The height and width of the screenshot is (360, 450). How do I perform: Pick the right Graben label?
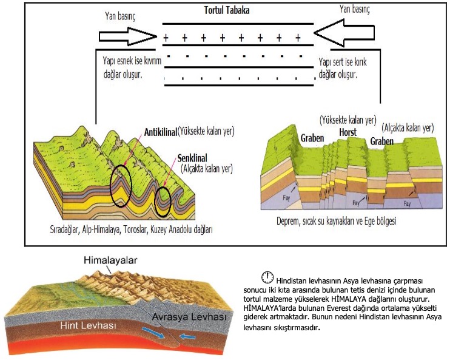point(382,141)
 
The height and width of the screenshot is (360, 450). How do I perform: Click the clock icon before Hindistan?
point(267,278)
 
